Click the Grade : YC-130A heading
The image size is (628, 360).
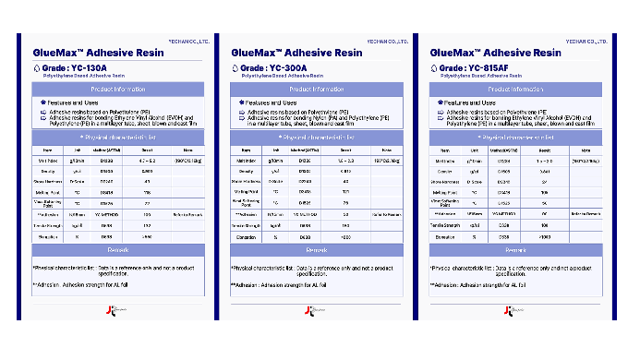pos(74,68)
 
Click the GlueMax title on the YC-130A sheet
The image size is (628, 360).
pos(99,54)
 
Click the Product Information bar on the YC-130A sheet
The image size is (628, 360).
pos(116,90)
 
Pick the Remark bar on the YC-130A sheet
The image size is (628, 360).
pos(116,250)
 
